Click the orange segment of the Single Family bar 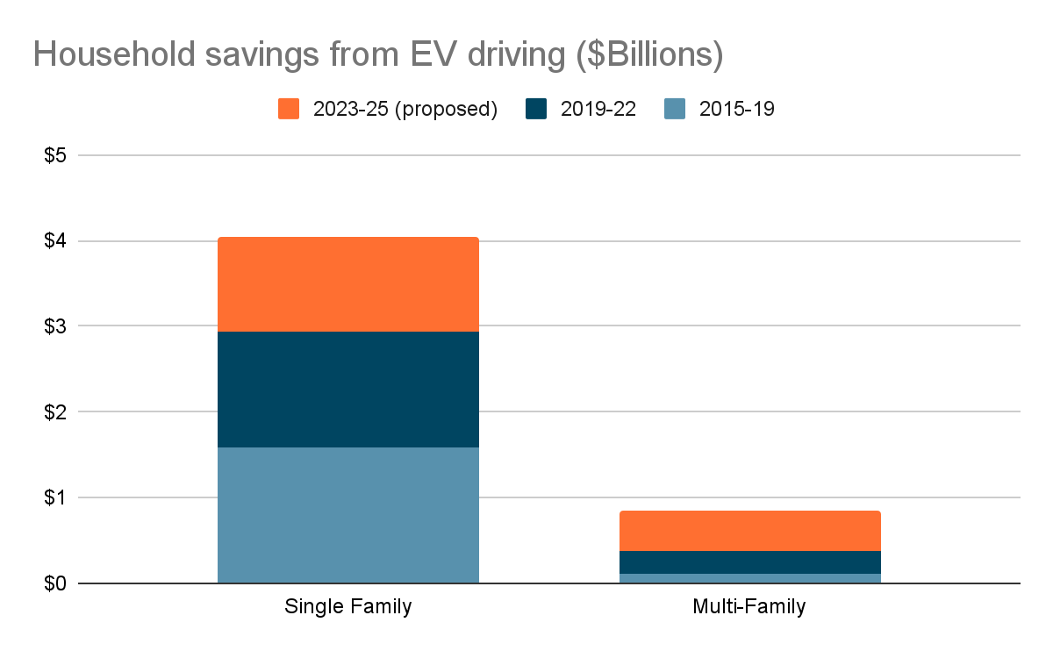(347, 284)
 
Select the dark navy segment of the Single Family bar (347, 390)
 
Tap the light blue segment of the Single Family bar (347, 515)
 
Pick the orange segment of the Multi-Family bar (749, 531)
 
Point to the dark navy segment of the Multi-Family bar (749, 562)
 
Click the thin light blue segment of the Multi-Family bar (749, 578)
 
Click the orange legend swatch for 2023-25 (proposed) (289, 109)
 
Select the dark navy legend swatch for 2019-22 (536, 109)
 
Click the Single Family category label (347, 607)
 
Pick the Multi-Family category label (749, 607)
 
